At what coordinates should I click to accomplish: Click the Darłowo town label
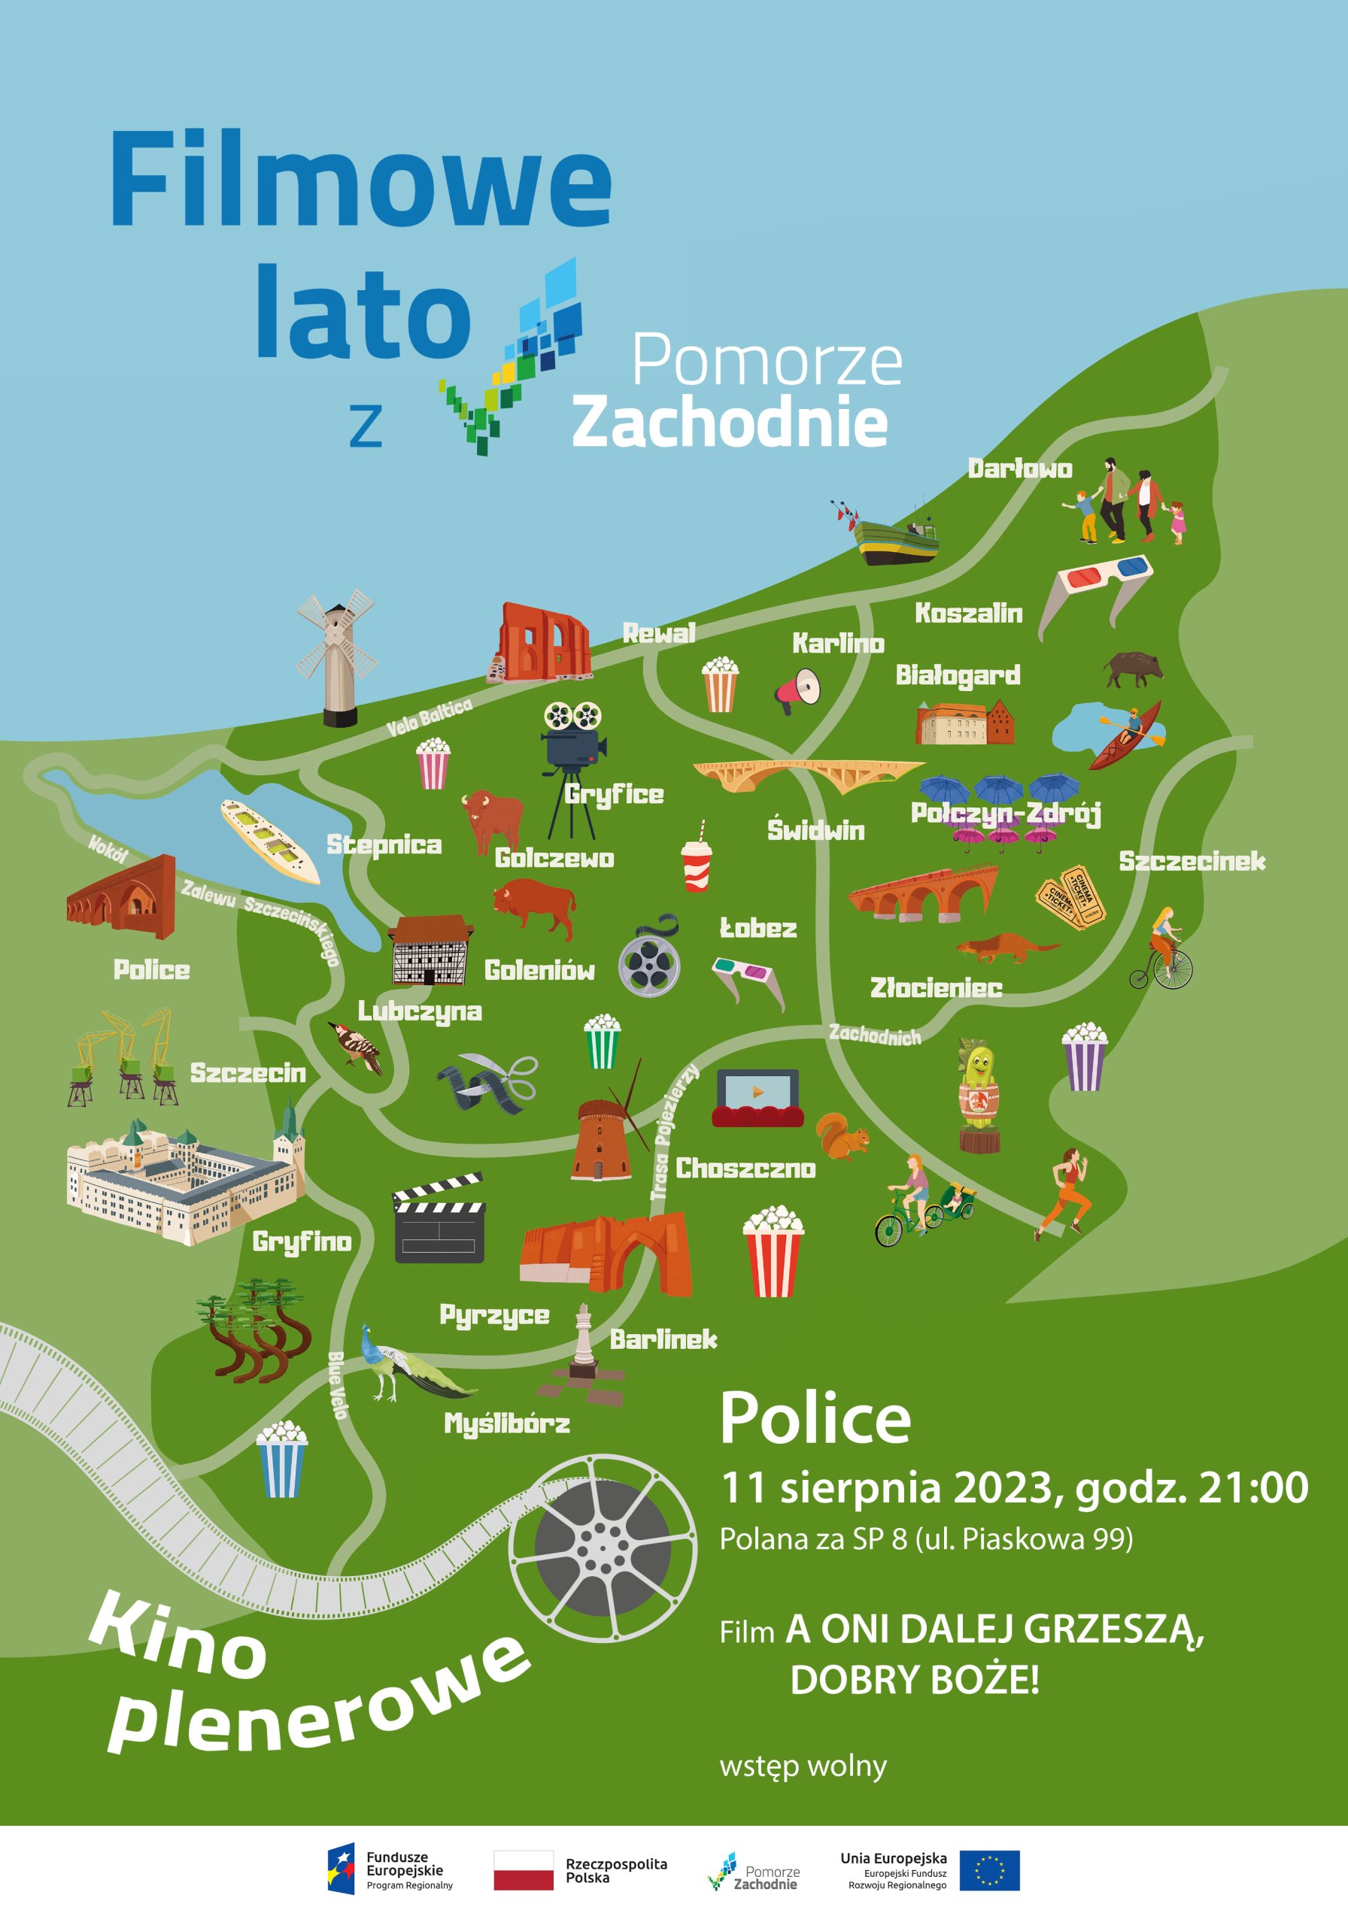[x=1019, y=468]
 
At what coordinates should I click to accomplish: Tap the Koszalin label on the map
[x=968, y=613]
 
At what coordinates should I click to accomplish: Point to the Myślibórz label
[x=507, y=1423]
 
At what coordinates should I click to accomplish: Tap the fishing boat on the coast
[x=894, y=538]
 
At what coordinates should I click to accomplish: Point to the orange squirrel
[x=843, y=1137]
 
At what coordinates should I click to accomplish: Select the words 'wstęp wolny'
[x=803, y=1766]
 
